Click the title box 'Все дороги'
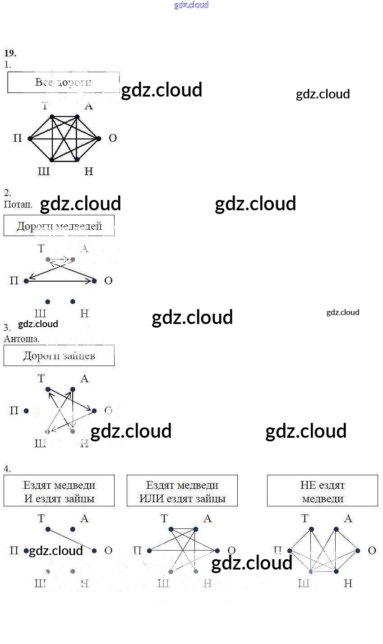click(x=63, y=83)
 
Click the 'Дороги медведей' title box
click(x=59, y=226)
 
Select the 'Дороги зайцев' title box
click(x=59, y=356)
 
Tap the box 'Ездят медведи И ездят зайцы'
click(x=59, y=491)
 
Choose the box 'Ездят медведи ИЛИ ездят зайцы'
click(x=182, y=491)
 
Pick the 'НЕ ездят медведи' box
click(x=323, y=491)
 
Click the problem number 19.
click(x=10, y=53)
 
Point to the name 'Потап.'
click(x=18, y=204)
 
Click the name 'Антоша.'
click(x=22, y=338)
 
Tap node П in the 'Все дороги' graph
click(x=30, y=139)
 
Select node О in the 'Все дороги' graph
click(x=99, y=139)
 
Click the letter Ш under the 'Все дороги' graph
click(x=44, y=171)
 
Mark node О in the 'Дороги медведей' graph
click(x=94, y=281)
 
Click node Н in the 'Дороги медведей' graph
click(x=73, y=301)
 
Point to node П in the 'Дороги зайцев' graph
click(x=26, y=411)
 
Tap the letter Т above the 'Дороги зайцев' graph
click(x=42, y=379)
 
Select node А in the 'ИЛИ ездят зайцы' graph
click(x=196, y=529)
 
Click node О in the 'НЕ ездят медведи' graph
click(x=358, y=551)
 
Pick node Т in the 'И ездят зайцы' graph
click(x=48, y=529)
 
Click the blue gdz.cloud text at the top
click(x=191, y=5)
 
